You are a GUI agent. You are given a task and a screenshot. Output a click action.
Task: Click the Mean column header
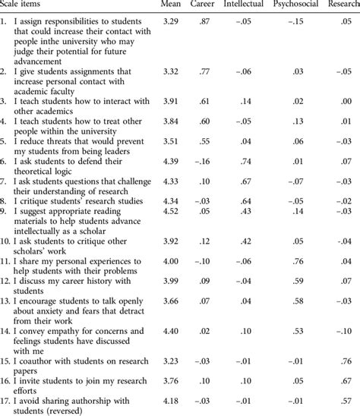pos(172,5)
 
